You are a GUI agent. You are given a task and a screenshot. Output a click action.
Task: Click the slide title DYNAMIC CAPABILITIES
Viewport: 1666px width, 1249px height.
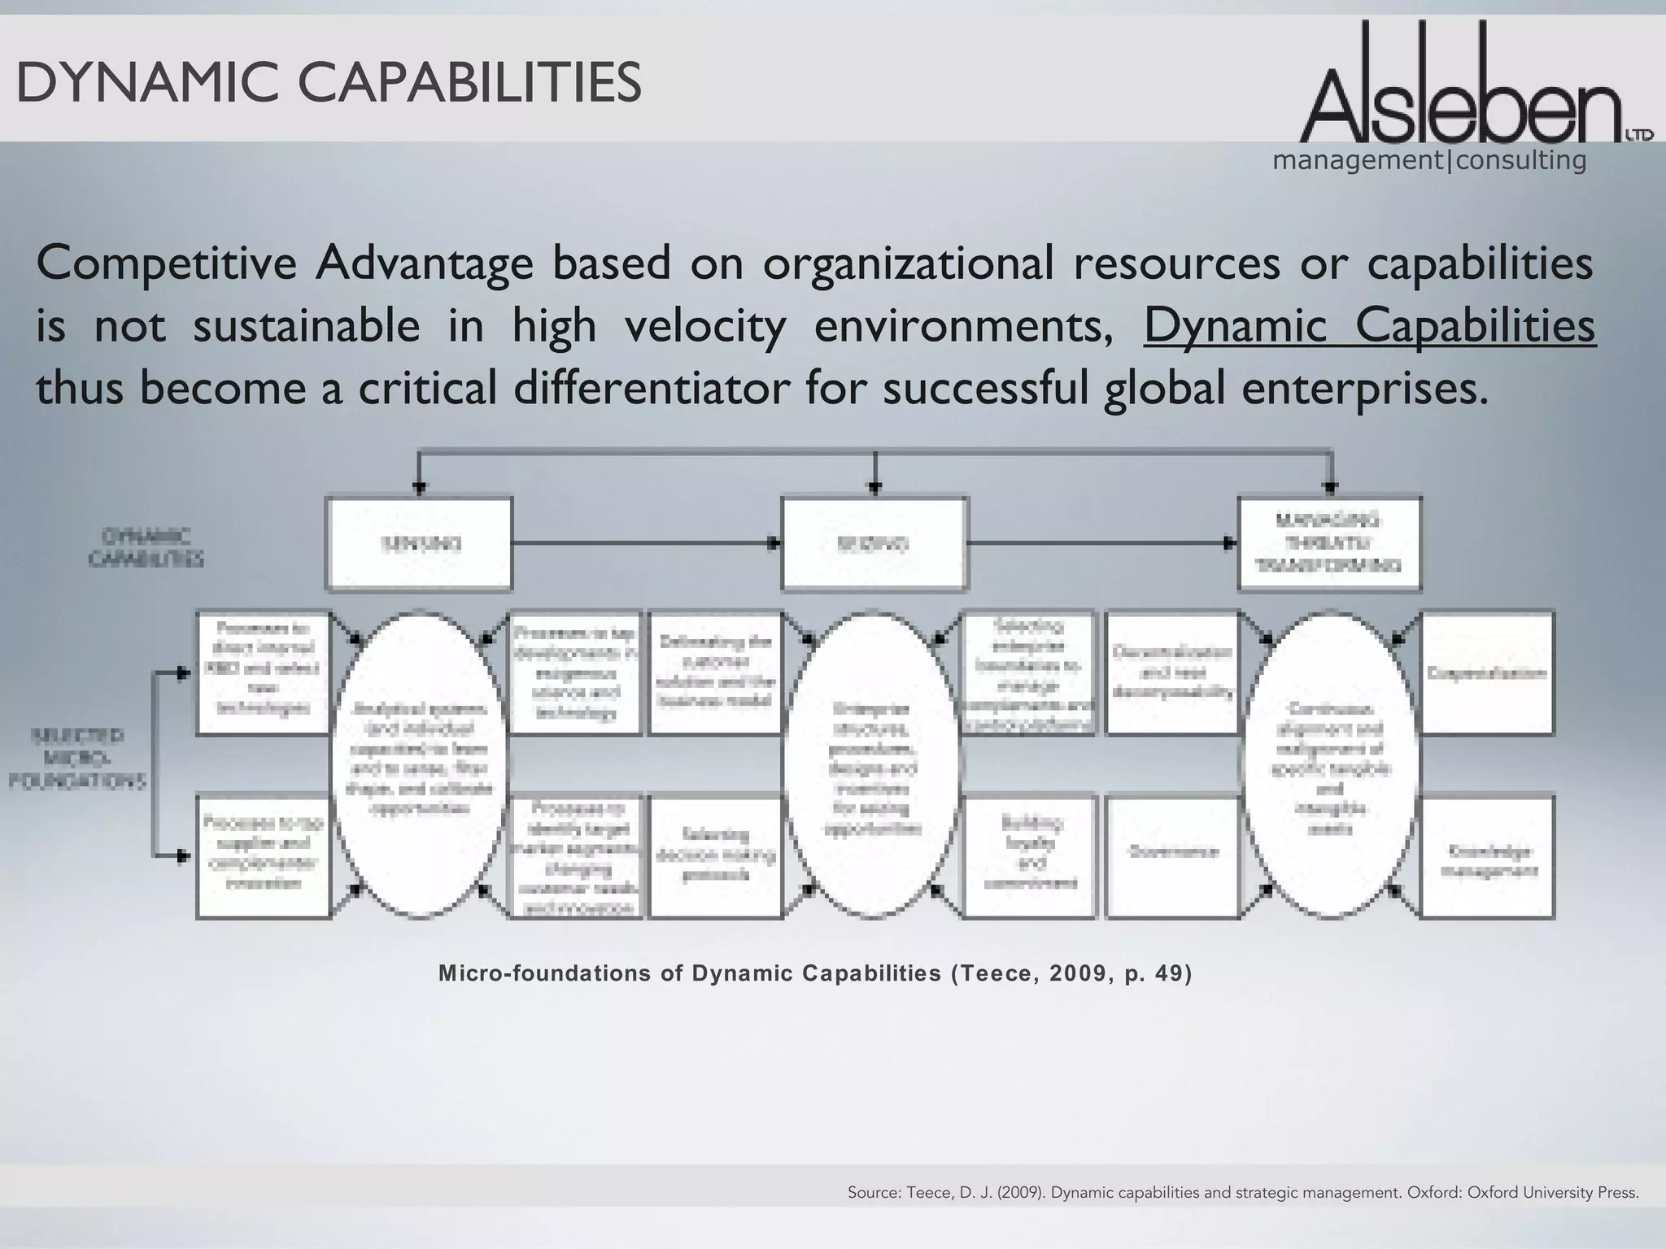tap(329, 83)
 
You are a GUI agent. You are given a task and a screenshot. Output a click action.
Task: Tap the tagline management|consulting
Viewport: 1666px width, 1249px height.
tap(1429, 160)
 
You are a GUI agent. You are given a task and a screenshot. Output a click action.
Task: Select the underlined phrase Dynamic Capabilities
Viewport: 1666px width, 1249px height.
tap(1369, 327)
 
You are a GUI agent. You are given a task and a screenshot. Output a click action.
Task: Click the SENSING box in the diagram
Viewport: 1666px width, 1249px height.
tap(419, 544)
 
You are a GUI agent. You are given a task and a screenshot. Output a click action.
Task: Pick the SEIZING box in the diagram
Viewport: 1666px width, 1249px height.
tap(874, 544)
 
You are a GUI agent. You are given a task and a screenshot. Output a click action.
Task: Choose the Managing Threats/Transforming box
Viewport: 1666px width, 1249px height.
tap(1330, 543)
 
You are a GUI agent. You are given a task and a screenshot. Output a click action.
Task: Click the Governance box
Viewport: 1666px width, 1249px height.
tap(1172, 856)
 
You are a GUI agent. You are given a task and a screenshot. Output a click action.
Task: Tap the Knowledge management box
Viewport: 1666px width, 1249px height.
tap(1488, 858)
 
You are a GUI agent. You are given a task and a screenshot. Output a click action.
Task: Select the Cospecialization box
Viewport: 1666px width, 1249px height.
tap(1488, 673)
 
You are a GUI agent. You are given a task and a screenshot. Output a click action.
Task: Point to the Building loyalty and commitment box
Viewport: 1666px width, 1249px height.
tap(1029, 856)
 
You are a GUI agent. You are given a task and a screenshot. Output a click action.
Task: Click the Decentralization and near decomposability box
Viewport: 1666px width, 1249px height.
tap(1172, 673)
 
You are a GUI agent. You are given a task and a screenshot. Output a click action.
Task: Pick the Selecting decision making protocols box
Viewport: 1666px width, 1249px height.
tap(716, 856)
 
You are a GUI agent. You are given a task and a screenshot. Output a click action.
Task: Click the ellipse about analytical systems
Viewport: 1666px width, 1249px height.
tap(419, 764)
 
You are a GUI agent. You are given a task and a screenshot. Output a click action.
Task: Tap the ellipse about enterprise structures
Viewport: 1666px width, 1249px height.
tap(874, 764)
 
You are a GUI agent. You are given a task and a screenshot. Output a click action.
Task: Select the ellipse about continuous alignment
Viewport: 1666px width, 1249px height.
tap(1332, 764)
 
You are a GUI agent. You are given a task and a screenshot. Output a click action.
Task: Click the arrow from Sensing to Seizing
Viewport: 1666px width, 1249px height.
tap(647, 542)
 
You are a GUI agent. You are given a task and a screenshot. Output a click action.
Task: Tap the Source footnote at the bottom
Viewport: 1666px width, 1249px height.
tap(1242, 1193)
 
